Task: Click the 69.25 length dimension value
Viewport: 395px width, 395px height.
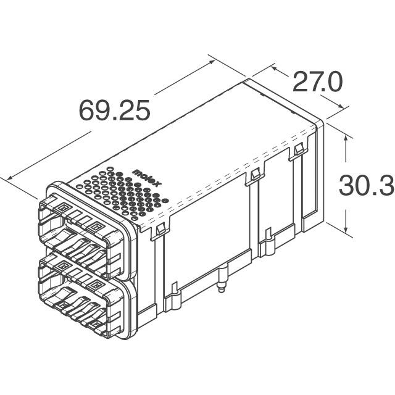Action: click(x=114, y=111)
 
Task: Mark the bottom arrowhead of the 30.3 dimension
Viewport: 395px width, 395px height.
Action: click(x=345, y=228)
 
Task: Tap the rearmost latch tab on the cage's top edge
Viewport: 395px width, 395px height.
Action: click(x=298, y=151)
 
